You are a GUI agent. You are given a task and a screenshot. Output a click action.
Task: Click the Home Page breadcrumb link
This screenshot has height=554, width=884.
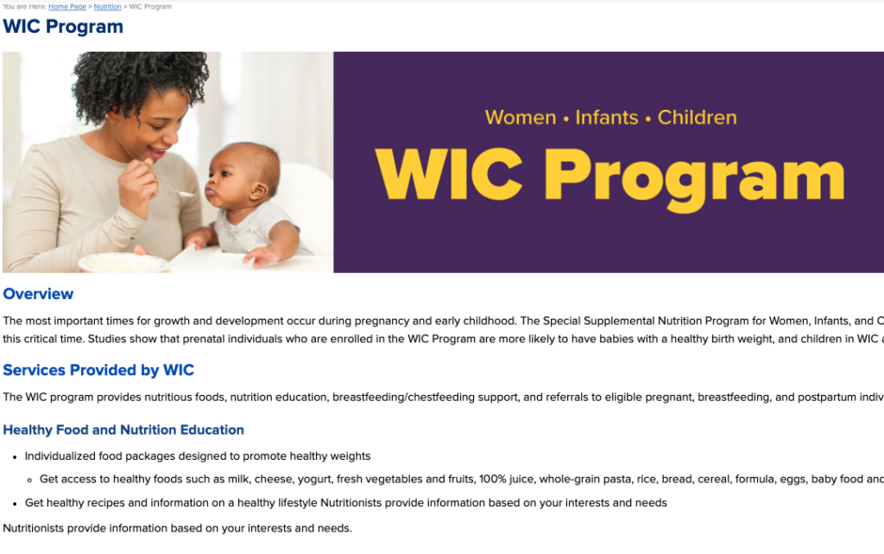67,7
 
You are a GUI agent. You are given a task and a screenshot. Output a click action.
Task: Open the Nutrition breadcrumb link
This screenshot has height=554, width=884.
107,7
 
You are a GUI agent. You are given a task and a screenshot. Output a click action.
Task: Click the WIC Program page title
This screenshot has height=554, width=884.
63,27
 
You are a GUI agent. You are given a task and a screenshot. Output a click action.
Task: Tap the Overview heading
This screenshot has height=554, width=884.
38,294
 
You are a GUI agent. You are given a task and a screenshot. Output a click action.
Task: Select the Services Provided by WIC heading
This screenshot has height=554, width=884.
98,370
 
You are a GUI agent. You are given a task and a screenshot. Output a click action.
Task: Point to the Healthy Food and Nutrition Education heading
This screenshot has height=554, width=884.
123,430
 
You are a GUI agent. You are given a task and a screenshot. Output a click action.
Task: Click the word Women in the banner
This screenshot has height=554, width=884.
520,118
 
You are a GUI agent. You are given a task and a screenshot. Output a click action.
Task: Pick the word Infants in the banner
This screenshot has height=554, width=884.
607,118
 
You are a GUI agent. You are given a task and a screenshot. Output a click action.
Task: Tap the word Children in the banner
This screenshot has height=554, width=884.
697,118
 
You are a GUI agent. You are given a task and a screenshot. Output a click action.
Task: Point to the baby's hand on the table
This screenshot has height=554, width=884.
260,256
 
